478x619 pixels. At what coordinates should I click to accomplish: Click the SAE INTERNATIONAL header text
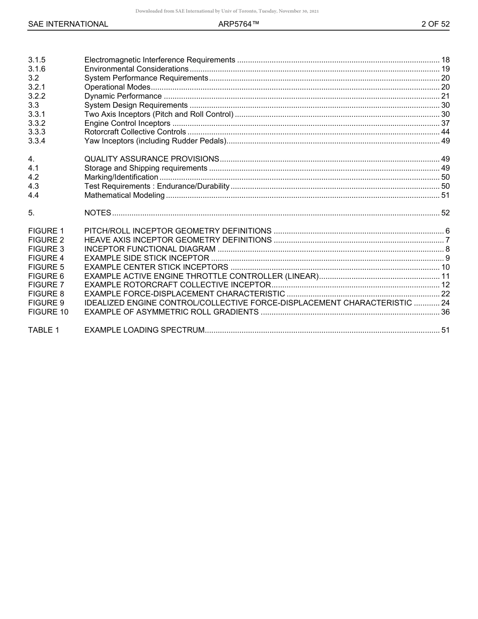68,24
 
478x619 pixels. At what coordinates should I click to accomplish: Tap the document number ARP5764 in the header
238,24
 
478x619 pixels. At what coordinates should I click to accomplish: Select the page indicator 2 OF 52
435,24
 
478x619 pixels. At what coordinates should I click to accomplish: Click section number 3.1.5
37,60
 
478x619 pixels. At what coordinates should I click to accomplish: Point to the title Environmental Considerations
136,69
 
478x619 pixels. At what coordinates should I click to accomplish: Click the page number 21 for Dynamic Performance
445,96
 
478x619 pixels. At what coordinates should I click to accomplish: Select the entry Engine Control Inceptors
127,123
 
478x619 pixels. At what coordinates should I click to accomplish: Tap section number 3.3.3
37,132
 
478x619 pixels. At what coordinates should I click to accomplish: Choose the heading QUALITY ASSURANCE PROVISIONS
151,159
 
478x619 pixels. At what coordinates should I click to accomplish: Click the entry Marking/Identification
121,177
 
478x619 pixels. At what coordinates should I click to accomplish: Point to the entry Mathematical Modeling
124,195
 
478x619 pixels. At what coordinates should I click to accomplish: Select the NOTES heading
98,213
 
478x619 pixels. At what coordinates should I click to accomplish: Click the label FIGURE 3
46,249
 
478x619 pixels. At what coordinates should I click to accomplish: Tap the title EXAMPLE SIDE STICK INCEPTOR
146,258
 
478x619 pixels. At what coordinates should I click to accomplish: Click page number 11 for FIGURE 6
445,276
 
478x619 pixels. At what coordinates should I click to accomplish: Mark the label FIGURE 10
48,312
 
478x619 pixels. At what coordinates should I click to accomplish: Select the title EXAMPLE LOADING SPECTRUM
144,330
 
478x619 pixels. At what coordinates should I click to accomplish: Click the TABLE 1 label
44,330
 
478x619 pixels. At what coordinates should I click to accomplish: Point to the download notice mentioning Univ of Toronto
227,11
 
